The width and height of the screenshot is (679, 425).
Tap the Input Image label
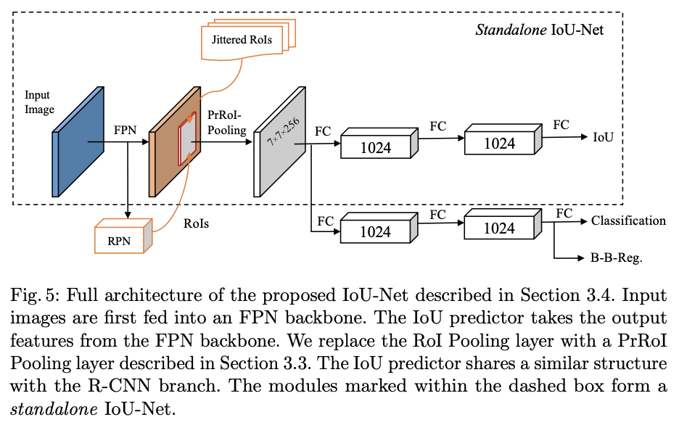click(x=39, y=102)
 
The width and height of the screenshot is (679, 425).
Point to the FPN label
click(x=125, y=132)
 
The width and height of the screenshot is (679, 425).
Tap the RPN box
click(x=120, y=239)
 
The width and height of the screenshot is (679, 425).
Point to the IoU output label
click(x=603, y=137)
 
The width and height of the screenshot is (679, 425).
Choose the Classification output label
click(x=628, y=220)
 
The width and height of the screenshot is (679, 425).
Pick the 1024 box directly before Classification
click(x=499, y=228)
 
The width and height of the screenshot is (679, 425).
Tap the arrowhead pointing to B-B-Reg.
click(x=585, y=257)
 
